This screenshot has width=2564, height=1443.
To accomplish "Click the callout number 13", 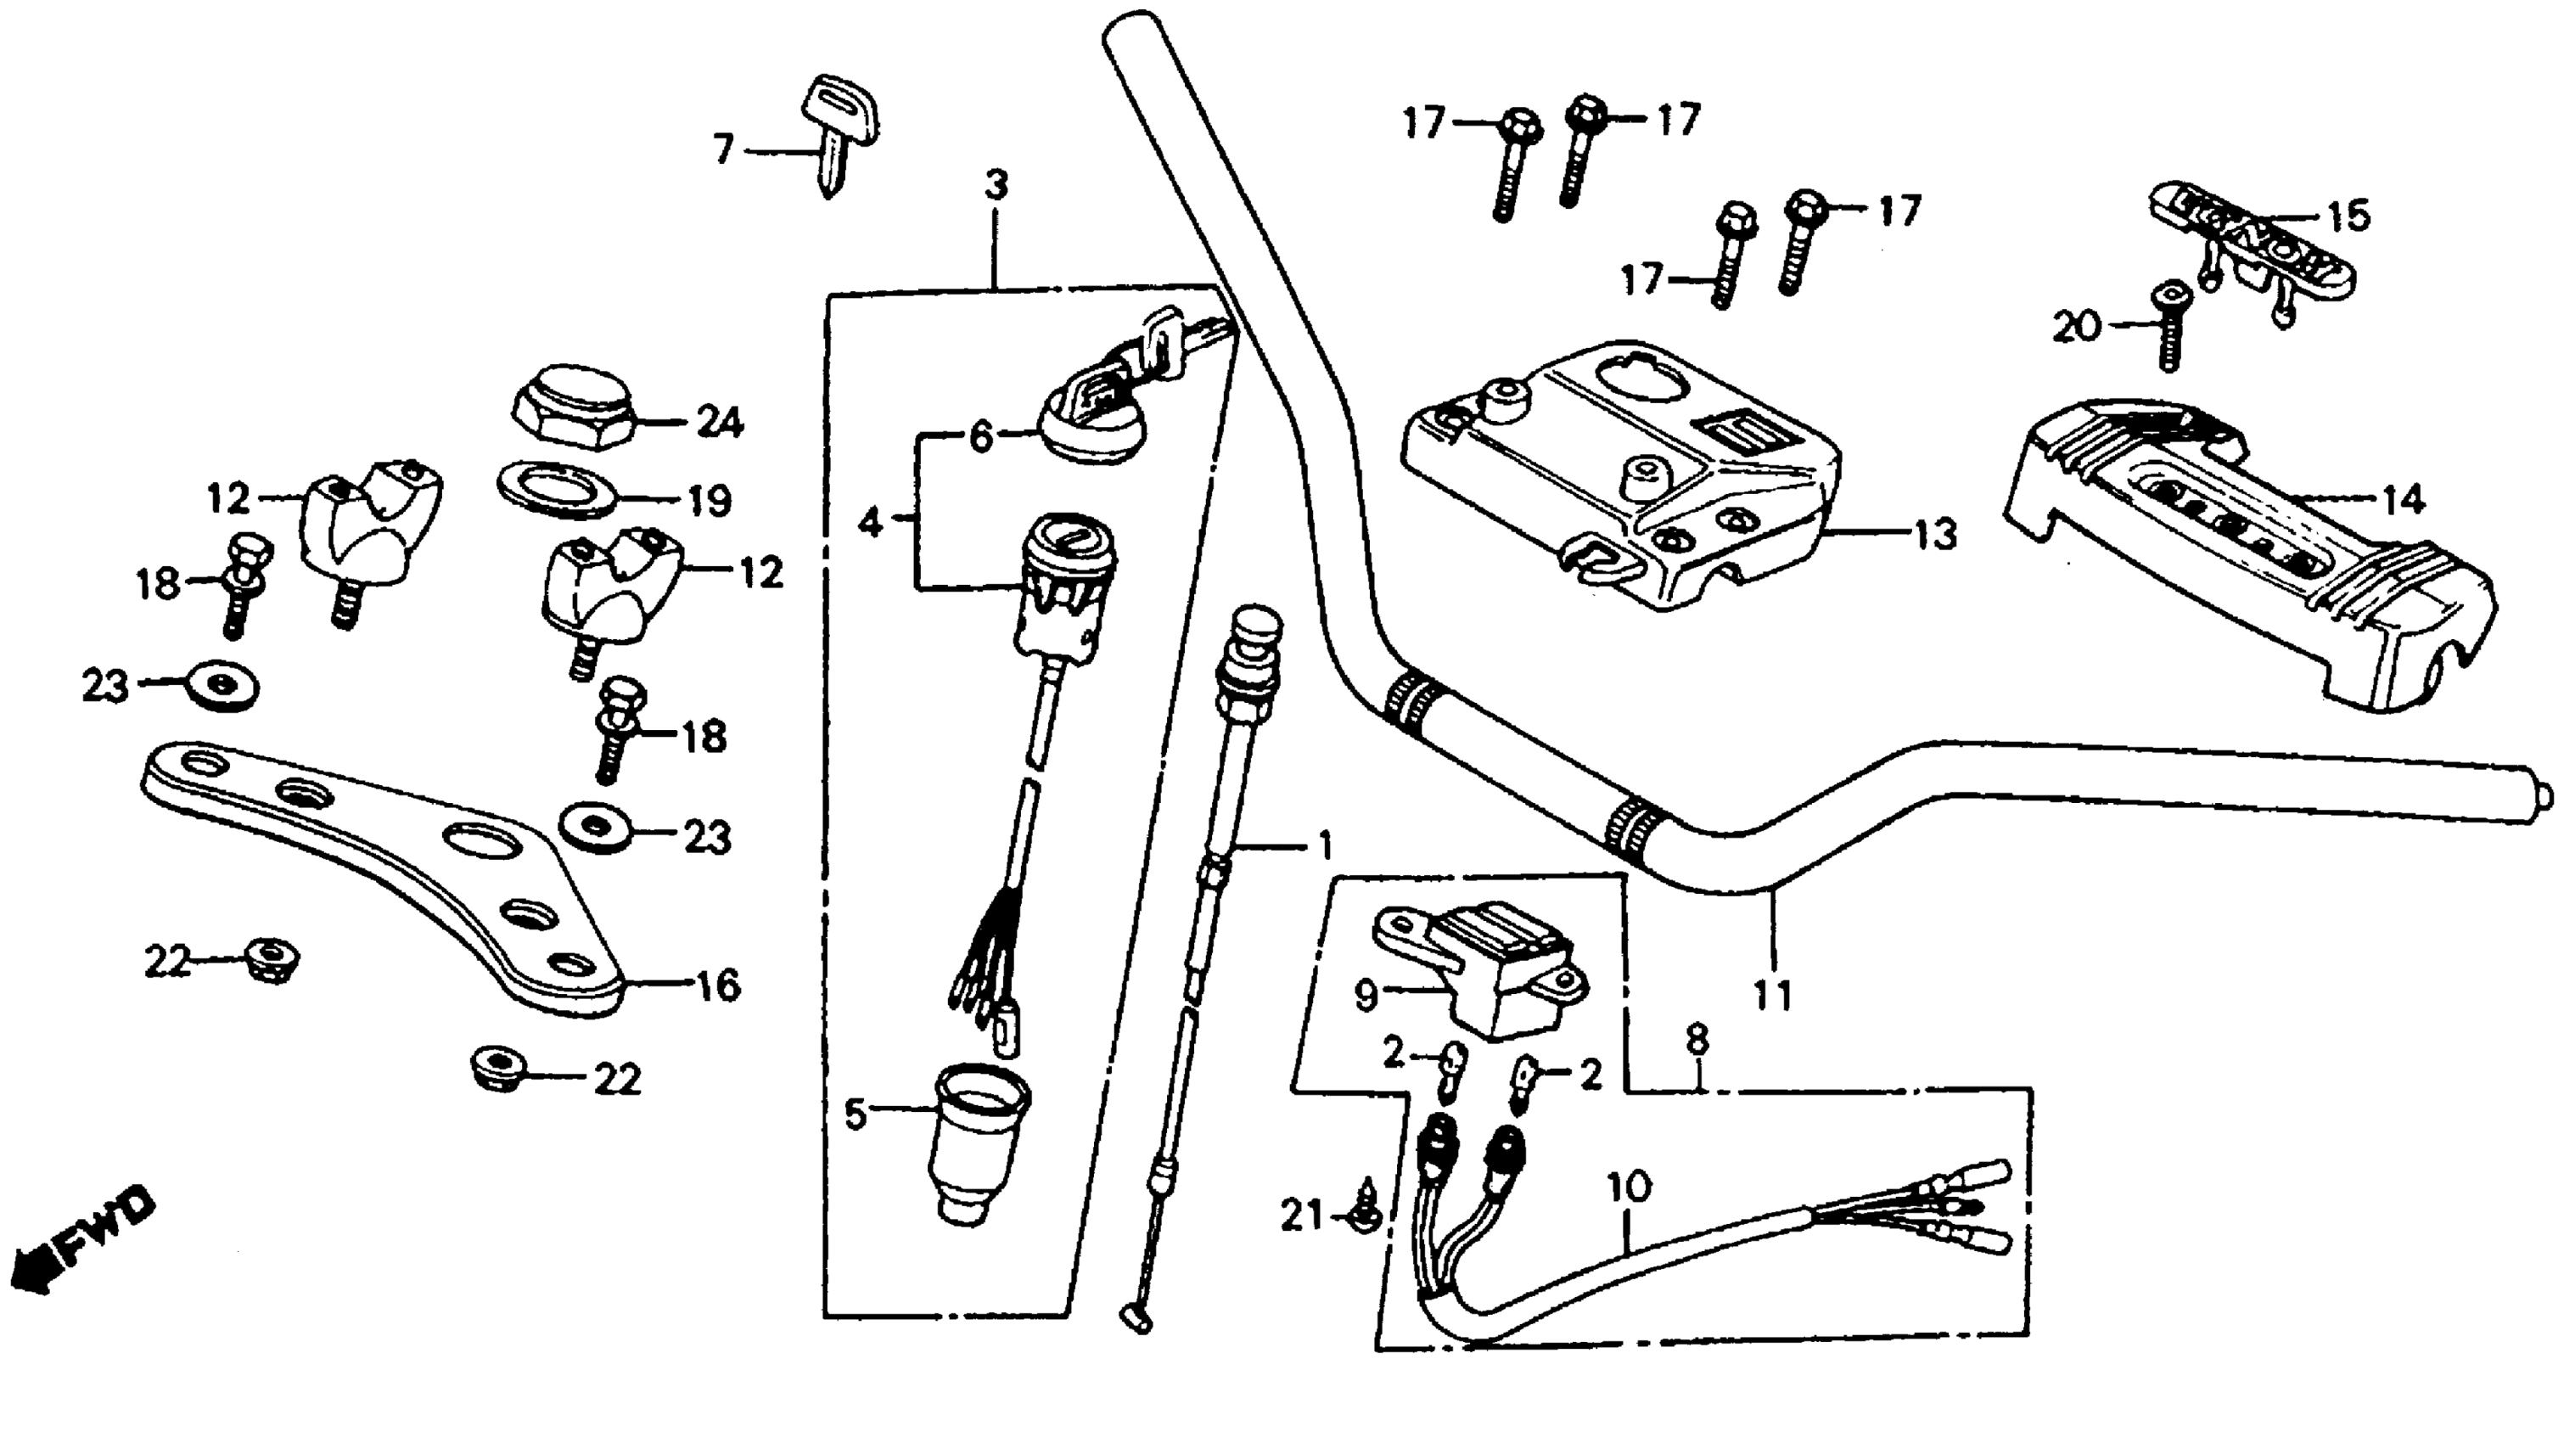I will coord(1933,535).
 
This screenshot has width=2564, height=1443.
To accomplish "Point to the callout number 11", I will coord(1771,994).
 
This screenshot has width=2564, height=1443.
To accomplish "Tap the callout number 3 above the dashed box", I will coord(996,185).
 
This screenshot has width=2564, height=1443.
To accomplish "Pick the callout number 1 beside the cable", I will coord(1323,847).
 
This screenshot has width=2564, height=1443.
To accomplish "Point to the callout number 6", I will coord(981,436).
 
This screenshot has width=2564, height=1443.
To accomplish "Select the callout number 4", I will coord(870,521).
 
